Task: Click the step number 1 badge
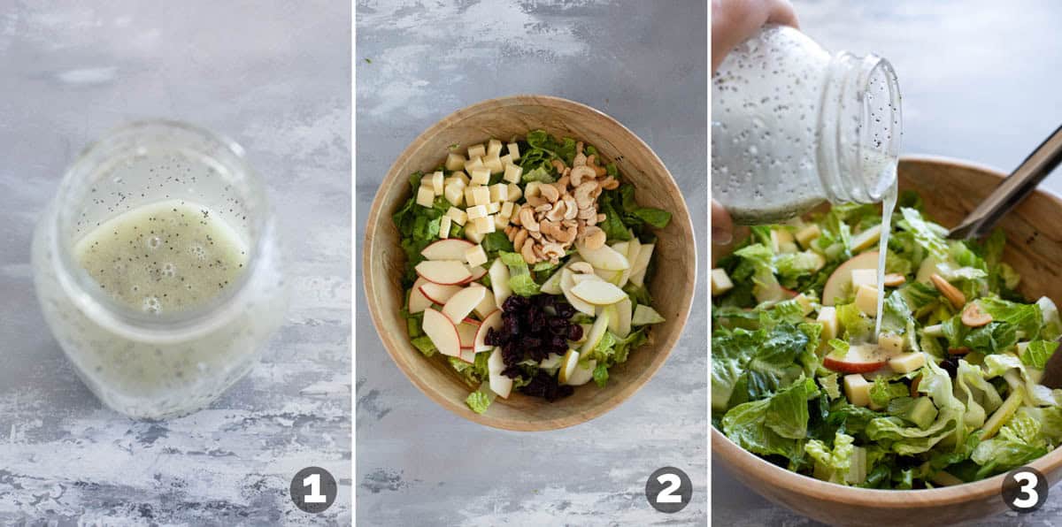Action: [313, 489]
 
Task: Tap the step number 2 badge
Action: [668, 489]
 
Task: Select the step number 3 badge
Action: [1024, 489]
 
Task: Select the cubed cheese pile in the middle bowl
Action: [473, 190]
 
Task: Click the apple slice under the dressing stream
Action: [857, 359]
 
